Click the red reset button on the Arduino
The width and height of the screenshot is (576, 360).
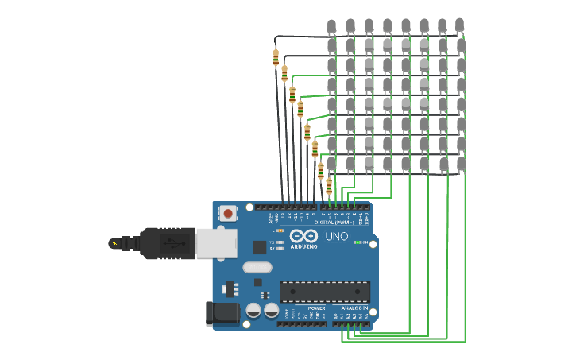(x=228, y=213)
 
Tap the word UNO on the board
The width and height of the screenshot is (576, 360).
(x=336, y=236)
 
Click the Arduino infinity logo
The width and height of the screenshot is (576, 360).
(x=303, y=236)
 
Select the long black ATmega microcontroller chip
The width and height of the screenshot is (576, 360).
(x=324, y=292)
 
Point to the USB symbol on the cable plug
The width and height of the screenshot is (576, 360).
(x=169, y=243)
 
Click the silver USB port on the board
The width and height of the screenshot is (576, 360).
(x=216, y=243)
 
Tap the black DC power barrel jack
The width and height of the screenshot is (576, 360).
(x=222, y=313)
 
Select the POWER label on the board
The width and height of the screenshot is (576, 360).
(x=316, y=308)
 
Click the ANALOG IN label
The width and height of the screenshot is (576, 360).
(x=354, y=308)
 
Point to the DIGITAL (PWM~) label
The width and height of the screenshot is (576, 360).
(x=334, y=223)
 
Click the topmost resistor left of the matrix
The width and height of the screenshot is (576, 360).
(x=276, y=57)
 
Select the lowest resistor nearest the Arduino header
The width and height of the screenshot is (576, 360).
(x=329, y=185)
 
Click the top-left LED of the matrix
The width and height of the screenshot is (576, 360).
(x=331, y=26)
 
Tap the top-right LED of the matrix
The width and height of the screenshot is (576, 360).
(x=460, y=26)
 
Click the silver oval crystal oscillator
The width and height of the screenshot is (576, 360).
(x=257, y=267)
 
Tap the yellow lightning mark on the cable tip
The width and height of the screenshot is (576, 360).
(x=116, y=243)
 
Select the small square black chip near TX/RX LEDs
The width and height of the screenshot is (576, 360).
(x=259, y=247)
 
